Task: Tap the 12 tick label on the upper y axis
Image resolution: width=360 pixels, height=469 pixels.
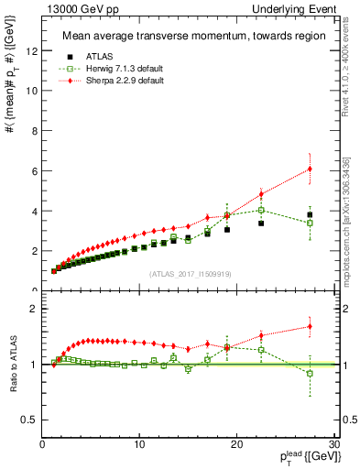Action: coord(33,50)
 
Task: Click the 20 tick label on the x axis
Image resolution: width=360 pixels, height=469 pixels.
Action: coord(236,444)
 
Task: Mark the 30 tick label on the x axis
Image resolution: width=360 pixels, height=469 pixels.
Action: coord(333,444)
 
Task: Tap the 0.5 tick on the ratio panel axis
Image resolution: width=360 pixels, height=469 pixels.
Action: coord(31,420)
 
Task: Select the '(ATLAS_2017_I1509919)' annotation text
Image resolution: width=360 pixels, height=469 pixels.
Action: coord(190,273)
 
